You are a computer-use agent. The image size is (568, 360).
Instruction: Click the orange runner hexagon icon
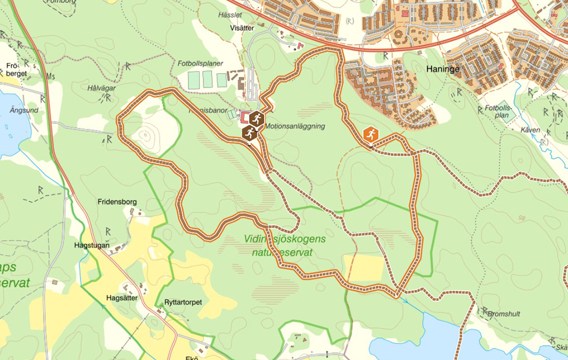(x=371, y=134)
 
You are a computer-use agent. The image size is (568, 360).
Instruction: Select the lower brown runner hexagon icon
(x=250, y=133)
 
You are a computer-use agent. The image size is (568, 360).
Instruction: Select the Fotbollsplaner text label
(x=200, y=63)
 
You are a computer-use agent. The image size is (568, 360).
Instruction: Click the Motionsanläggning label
(x=295, y=126)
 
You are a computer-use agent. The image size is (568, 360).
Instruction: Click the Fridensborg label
(x=117, y=202)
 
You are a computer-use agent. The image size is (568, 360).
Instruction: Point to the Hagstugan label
(x=92, y=245)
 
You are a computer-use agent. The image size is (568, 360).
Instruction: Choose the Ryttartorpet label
(x=183, y=302)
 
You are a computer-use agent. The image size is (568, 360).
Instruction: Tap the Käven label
(x=530, y=130)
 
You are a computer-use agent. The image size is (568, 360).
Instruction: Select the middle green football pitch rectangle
(x=207, y=79)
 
